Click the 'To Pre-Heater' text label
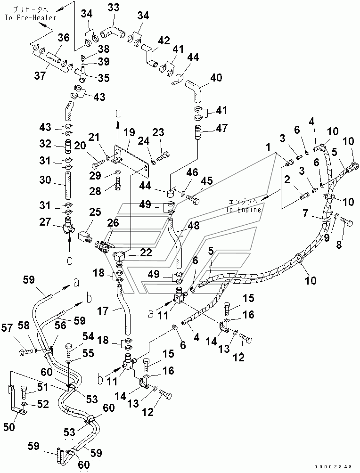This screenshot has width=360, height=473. pyautogui.click(x=31, y=17)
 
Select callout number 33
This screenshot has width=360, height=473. pyautogui.click(x=114, y=8)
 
